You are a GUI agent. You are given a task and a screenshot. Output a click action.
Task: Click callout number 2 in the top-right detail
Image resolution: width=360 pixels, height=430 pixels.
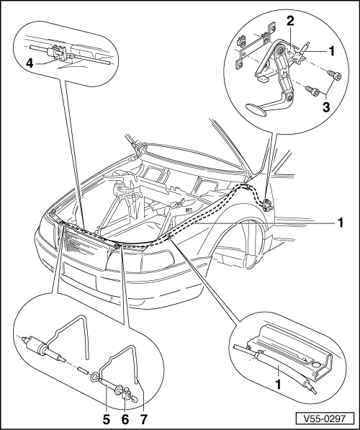coord(290,21)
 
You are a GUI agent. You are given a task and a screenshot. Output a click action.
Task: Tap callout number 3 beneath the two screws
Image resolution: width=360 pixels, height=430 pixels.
coord(326,107)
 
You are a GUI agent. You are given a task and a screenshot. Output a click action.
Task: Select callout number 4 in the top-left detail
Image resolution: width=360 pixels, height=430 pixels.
coord(30,63)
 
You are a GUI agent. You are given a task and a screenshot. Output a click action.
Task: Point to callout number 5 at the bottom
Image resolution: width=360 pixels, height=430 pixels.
coord(106,420)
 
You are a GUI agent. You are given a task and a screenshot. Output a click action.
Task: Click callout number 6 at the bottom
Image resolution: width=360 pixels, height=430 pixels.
coord(125,420)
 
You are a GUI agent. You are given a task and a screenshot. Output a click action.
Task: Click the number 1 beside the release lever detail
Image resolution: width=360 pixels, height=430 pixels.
coord(332,51)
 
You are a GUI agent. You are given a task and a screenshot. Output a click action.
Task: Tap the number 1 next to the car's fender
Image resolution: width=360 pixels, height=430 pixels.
coord(341,223)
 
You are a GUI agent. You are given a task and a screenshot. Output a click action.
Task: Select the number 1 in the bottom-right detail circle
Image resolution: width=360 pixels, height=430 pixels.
coord(279,385)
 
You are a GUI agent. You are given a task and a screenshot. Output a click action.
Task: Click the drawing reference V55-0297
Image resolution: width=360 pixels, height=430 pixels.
coord(324,418)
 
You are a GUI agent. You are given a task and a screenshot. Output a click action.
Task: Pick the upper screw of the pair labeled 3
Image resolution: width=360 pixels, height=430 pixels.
coord(335,75)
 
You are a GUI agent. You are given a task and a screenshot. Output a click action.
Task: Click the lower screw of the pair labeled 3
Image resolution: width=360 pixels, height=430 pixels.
coord(312,91)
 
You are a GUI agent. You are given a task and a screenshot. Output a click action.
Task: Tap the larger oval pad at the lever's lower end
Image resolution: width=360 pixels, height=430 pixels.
coord(256,107)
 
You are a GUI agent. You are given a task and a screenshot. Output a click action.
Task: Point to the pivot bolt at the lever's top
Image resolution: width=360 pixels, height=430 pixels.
coord(280,50)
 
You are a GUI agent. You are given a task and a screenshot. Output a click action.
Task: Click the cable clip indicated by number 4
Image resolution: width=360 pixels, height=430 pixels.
coord(58,52)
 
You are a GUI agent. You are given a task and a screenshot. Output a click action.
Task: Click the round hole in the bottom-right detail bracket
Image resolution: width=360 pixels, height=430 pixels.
coord(315,364)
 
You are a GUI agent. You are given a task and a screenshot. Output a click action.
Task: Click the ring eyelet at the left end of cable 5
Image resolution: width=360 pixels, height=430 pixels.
coord(94,377)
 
